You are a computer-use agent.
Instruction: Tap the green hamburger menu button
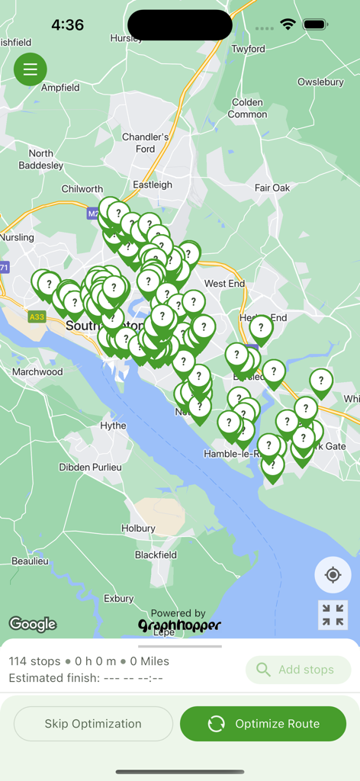(31, 70)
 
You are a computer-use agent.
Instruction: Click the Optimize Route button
(263, 724)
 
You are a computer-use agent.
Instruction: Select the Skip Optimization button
(93, 724)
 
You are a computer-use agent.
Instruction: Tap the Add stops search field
(298, 670)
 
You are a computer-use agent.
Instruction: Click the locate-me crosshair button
(333, 575)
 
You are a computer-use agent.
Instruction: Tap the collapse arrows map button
(333, 615)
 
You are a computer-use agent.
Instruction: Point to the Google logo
(33, 624)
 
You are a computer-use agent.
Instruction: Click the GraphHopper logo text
(179, 625)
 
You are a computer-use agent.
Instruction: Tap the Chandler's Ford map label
(145, 143)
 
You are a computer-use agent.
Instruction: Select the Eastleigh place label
(153, 185)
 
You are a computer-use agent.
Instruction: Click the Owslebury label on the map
(320, 82)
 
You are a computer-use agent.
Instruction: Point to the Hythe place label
(113, 426)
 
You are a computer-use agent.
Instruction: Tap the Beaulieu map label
(30, 561)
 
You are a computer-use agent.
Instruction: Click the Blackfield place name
(156, 555)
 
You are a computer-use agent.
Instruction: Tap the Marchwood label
(37, 371)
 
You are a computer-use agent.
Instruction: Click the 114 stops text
(34, 661)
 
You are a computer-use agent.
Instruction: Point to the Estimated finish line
(85, 677)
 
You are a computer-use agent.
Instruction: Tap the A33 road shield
(36, 316)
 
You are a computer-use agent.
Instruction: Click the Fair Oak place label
(272, 188)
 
